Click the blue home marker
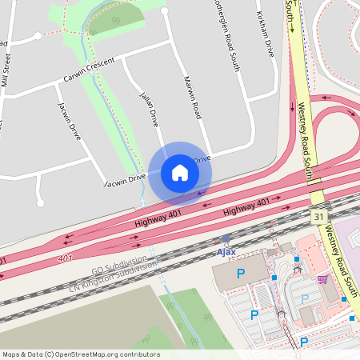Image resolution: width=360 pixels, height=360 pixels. (x=180, y=173)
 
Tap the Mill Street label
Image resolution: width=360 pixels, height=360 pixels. (x=7, y=69)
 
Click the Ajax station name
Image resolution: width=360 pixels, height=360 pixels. (x=226, y=252)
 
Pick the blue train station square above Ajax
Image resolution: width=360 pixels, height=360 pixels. (x=226, y=238)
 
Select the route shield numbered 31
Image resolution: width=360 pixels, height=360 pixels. (x=319, y=217)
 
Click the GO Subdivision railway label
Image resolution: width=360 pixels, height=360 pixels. (x=119, y=266)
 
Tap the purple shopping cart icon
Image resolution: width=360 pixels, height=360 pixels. (x=322, y=278)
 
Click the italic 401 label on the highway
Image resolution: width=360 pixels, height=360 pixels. (x=66, y=258)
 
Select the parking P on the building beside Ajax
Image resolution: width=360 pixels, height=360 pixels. (x=240, y=274)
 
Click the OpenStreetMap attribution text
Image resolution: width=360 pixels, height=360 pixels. (x=80, y=354)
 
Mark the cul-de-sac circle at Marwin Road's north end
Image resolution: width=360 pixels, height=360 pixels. (x=165, y=12)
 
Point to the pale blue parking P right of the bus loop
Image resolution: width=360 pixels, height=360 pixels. (x=304, y=299)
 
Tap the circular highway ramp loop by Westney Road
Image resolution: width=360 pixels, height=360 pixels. (x=337, y=129)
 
